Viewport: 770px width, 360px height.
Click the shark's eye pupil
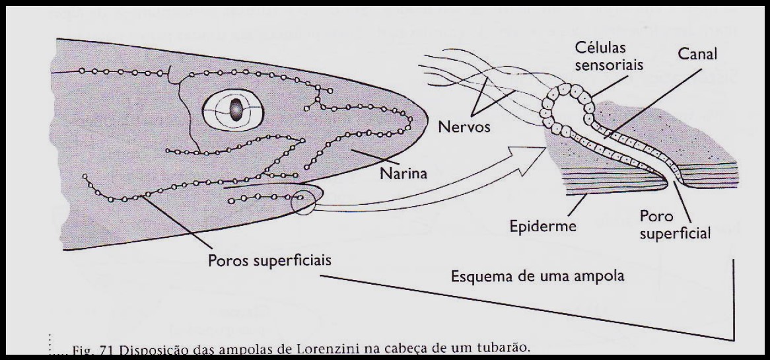click(x=235, y=109)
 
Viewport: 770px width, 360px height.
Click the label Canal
click(x=697, y=54)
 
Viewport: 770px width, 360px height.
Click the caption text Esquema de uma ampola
click(x=538, y=275)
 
